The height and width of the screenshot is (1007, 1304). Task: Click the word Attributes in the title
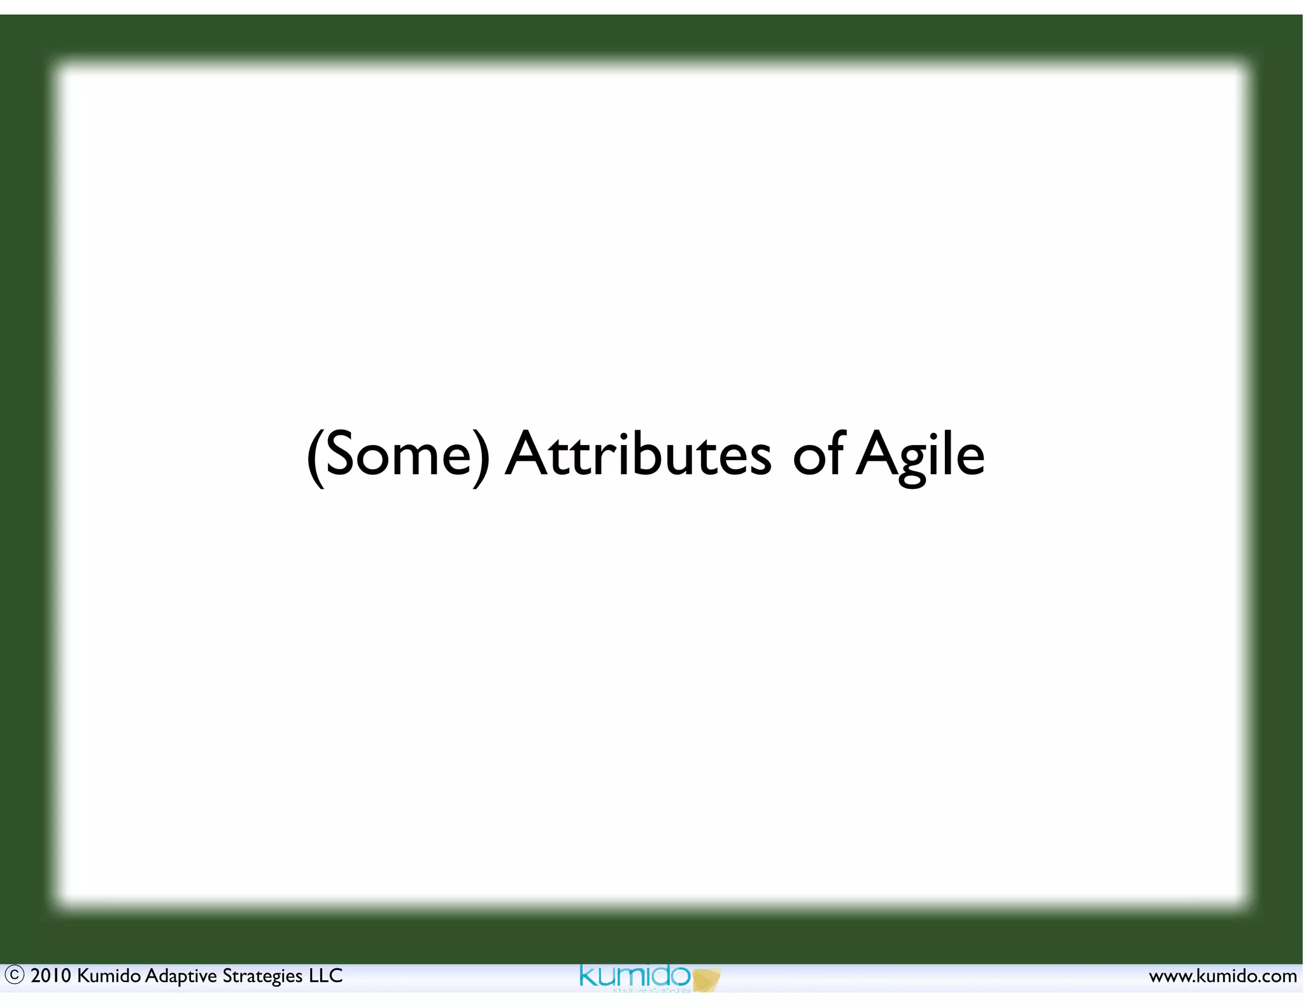coord(638,454)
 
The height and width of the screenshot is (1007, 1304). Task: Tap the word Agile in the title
coord(920,454)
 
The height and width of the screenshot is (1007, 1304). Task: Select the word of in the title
coord(818,454)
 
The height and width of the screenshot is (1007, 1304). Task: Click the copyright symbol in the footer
coord(14,975)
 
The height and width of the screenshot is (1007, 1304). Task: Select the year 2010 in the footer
coord(51,976)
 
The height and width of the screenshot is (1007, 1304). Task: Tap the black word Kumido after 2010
coord(108,976)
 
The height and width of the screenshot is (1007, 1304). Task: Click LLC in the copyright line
coord(325,976)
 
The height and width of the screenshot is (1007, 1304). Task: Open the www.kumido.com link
coord(1222,976)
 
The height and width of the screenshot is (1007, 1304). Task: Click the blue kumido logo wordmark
coord(634,976)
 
